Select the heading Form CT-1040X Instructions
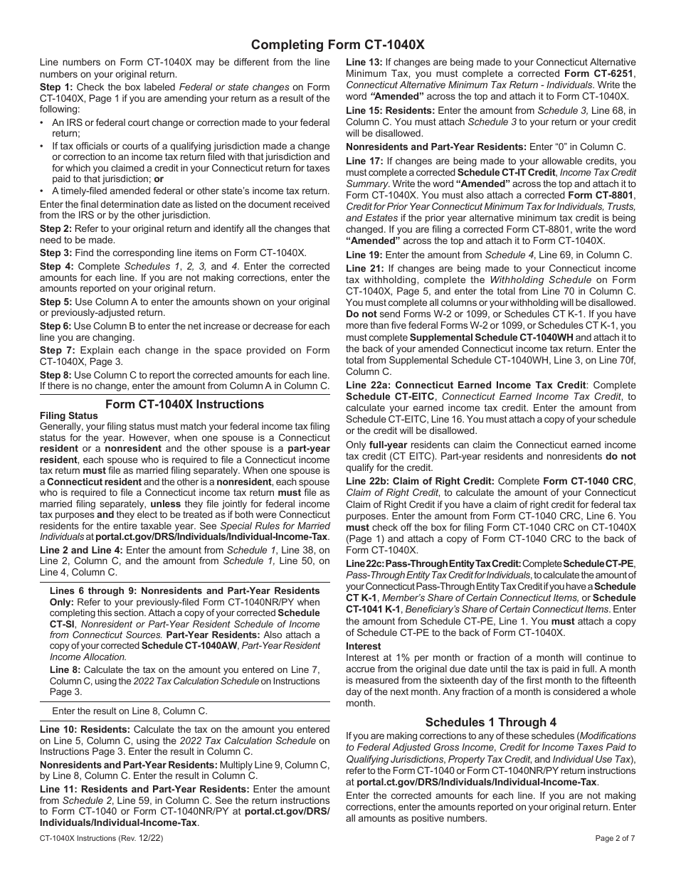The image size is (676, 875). point(184,404)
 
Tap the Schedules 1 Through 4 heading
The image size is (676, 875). point(491,722)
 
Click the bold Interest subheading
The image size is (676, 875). point(364,646)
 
